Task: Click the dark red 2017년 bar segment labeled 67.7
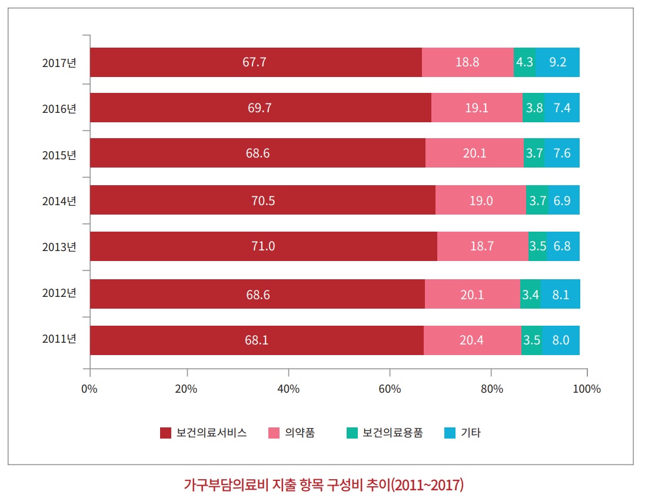(255, 62)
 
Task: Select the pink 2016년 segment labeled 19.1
(477, 108)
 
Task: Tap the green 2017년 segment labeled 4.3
(524, 62)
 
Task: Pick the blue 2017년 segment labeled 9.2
(557, 62)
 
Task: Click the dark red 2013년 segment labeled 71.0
(263, 246)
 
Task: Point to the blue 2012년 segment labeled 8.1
(560, 294)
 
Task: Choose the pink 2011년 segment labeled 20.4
(472, 340)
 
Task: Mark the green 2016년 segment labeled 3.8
(533, 108)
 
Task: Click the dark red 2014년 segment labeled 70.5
(262, 200)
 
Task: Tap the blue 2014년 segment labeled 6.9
(564, 200)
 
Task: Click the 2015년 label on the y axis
(59, 156)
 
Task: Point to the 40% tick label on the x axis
(288, 389)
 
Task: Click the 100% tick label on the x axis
(587, 389)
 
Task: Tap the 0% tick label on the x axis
(89, 389)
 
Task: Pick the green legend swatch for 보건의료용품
(353, 433)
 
